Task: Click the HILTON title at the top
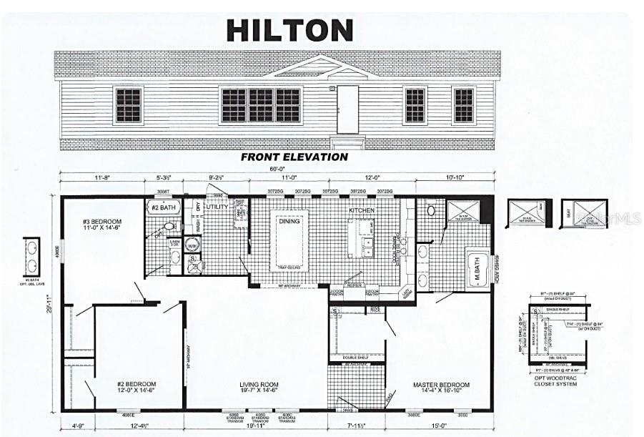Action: pos(289,30)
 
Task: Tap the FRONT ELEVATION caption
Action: pos(294,157)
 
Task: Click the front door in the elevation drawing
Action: pos(347,109)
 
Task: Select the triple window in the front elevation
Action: pos(261,105)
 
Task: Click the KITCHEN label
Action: pos(362,212)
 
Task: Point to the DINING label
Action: pos(289,222)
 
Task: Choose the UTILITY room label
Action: pos(217,207)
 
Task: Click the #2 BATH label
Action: pos(164,207)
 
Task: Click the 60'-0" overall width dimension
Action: pos(277,170)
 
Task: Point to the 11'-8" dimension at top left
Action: pos(101,177)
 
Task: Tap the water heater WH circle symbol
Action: pos(192,245)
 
